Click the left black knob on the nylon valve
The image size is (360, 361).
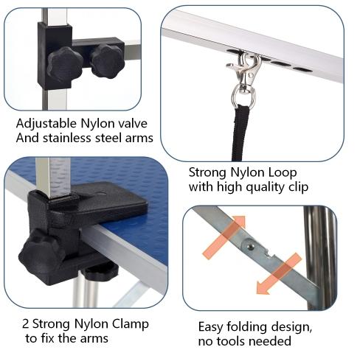[x=65, y=65]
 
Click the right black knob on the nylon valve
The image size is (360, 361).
[x=107, y=61]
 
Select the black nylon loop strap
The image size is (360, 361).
[x=240, y=133]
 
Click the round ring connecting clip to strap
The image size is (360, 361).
[x=243, y=97]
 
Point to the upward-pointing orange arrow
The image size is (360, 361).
[x=224, y=236]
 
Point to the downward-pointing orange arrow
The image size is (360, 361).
[x=279, y=274]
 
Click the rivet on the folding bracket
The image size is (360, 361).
[x=250, y=246]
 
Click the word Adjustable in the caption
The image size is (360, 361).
[x=46, y=124]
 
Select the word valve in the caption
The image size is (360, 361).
[x=133, y=123]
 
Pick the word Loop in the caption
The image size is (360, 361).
[x=282, y=173]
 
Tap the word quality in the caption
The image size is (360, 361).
[x=266, y=188]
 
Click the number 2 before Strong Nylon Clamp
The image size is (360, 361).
[x=25, y=324]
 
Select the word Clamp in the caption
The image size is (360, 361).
[x=131, y=325]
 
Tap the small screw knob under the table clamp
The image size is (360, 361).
[x=101, y=272]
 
